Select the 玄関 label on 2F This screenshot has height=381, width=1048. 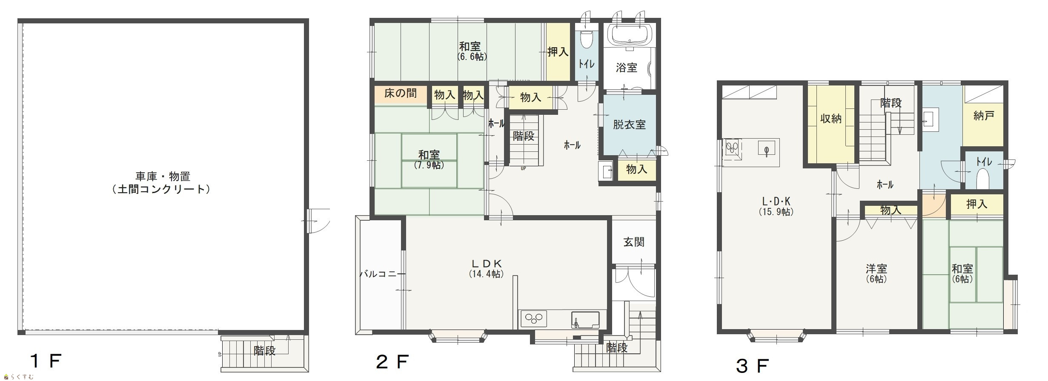634,242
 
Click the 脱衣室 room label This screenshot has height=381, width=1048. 629,125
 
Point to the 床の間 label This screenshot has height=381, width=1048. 400,93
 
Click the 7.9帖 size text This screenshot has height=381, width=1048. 429,165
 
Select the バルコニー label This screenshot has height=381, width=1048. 379,274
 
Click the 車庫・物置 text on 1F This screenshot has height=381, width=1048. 163,176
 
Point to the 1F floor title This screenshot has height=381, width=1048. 46,361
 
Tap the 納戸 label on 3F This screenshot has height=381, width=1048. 983,116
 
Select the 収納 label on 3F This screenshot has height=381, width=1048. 830,119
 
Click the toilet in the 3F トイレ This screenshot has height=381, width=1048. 982,179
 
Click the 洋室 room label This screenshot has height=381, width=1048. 876,269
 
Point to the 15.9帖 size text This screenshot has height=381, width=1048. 776,211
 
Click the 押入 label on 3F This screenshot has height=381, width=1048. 976,204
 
